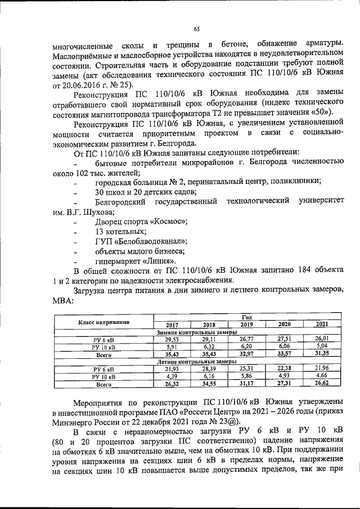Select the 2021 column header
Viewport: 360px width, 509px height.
coord(321,325)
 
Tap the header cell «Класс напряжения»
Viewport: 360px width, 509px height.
coord(103,322)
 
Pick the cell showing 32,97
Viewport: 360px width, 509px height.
coord(246,355)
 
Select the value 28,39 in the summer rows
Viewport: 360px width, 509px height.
coord(209,368)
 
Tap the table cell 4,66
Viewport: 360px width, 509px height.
coord(321,375)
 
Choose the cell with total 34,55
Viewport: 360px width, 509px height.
coord(209,384)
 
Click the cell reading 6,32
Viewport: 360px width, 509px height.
coord(209,347)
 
